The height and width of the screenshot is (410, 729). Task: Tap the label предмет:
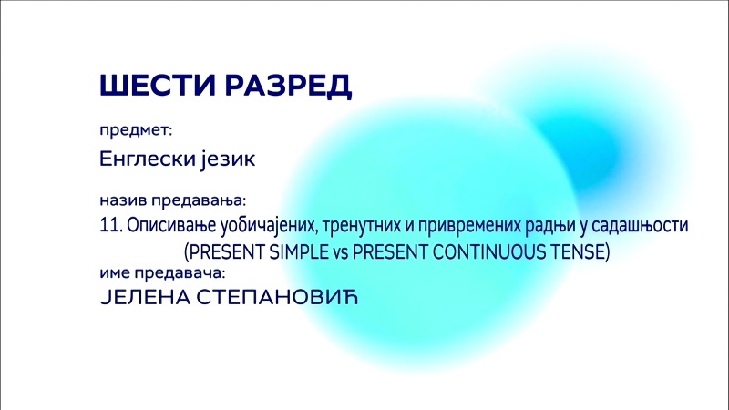tap(136, 130)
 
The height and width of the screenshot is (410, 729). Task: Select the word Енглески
tap(148, 158)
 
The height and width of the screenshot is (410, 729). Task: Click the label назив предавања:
tap(172, 200)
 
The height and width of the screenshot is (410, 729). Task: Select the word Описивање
tap(171, 226)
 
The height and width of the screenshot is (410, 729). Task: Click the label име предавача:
tap(163, 272)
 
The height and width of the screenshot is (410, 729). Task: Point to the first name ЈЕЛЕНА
tap(145, 298)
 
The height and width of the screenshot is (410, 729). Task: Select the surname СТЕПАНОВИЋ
tap(278, 297)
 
